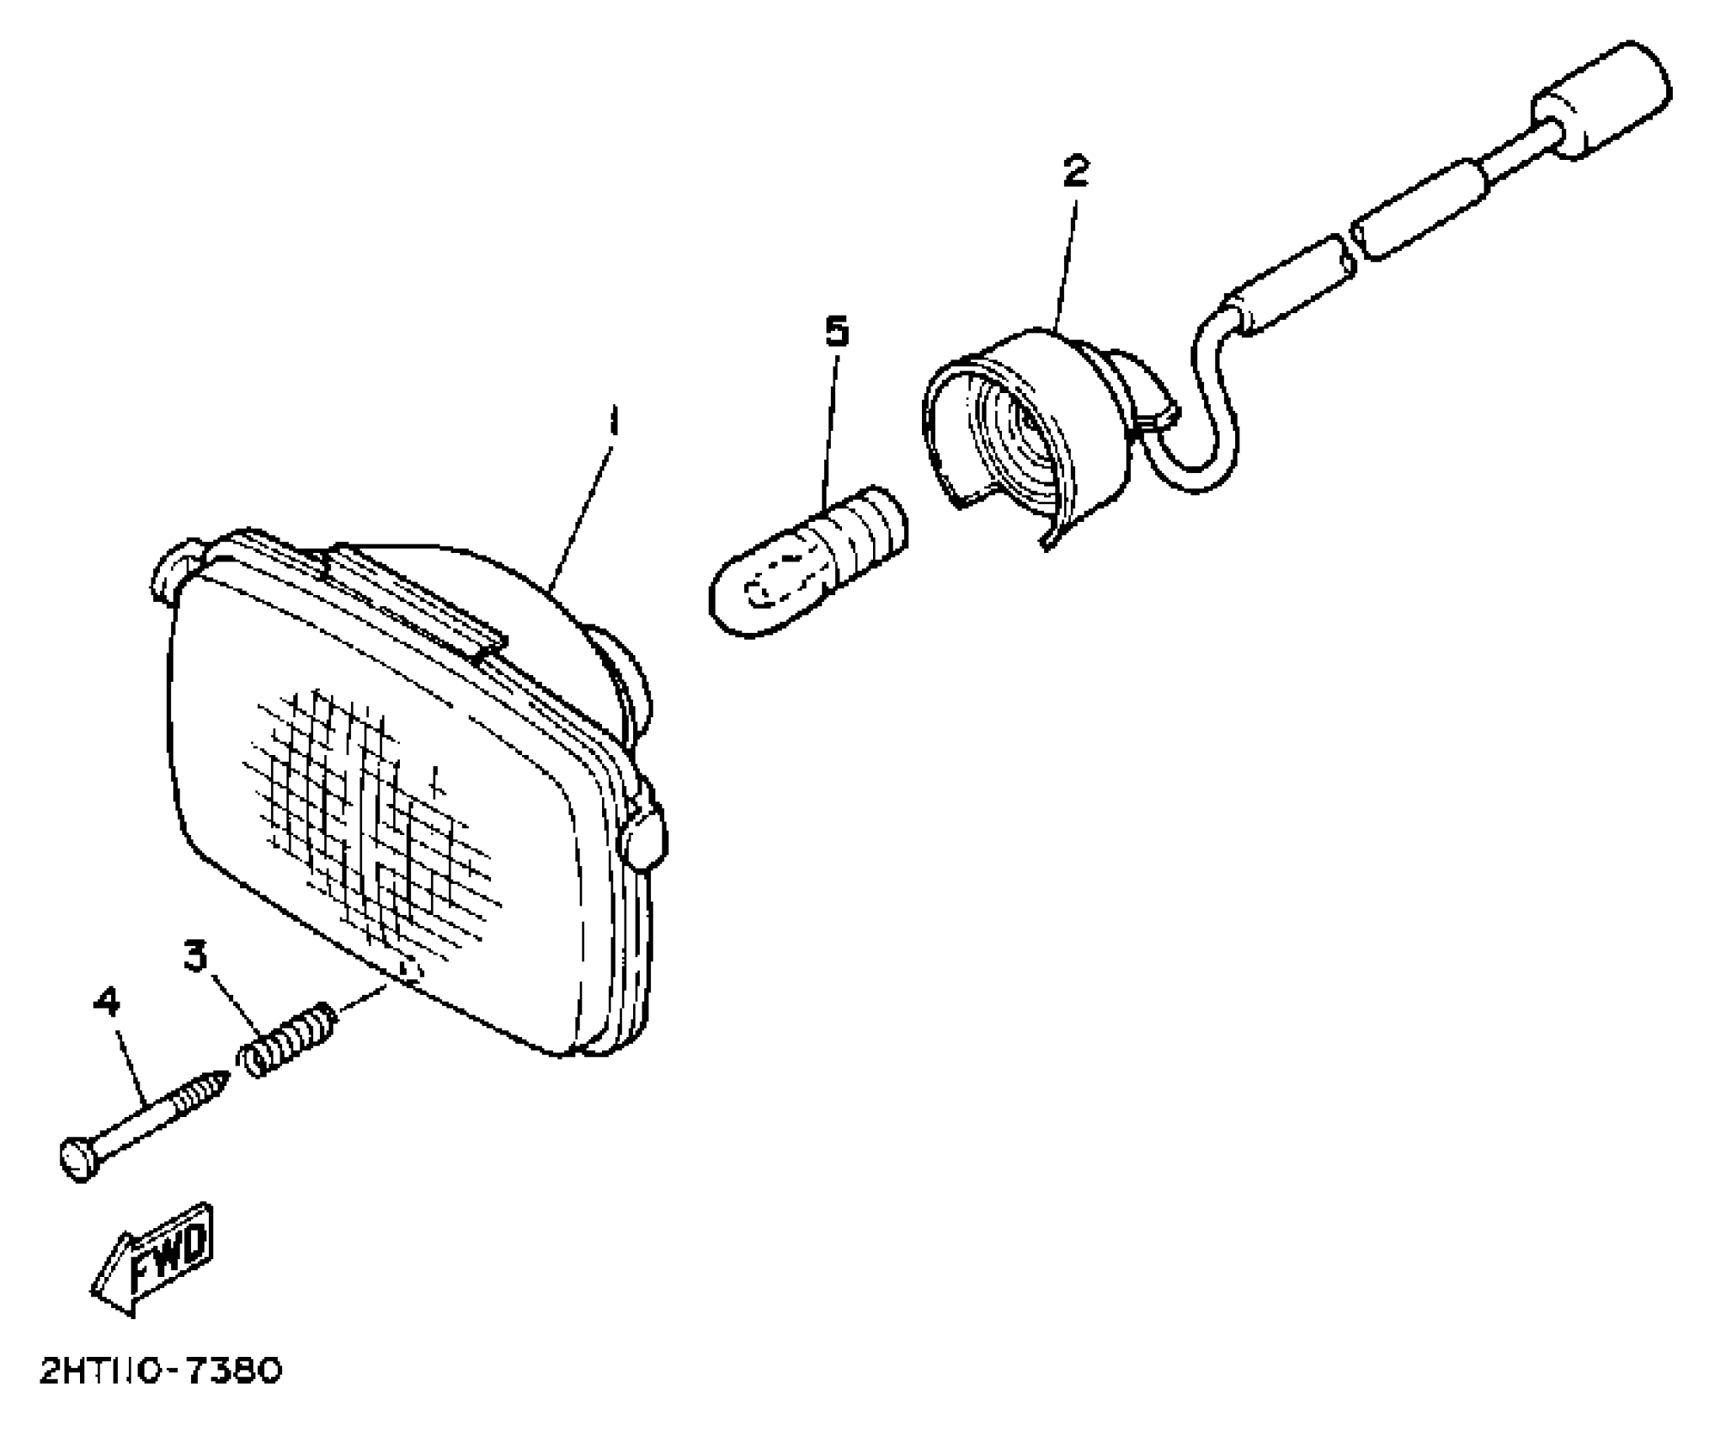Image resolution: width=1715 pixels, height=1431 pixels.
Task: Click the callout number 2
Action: coord(1075,172)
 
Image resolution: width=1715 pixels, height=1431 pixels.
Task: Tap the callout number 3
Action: coord(195,956)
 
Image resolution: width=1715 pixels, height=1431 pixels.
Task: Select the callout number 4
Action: coord(107,1002)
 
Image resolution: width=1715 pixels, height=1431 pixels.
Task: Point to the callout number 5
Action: coord(836,332)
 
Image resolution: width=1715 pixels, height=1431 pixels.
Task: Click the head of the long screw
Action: coord(78,1160)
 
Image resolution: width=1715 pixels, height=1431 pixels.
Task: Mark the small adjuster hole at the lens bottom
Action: coord(410,971)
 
